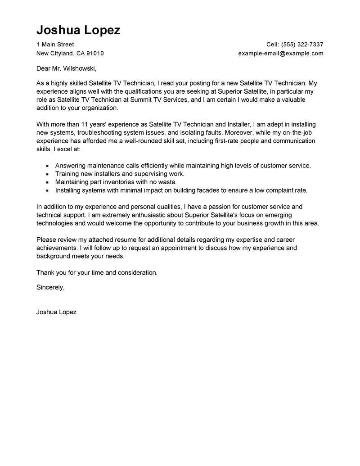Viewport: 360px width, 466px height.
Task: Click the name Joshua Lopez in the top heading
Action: coord(78,30)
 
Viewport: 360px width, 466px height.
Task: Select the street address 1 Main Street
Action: coord(55,45)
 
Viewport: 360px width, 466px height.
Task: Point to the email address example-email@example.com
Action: coord(281,53)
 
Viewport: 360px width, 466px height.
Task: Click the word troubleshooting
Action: coord(99,133)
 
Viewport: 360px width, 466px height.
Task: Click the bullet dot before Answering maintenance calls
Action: coord(47,166)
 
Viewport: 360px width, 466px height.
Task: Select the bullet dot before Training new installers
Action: coord(47,174)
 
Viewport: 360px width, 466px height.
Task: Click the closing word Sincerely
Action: coord(50,287)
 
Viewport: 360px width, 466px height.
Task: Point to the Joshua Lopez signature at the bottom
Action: coord(56,312)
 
